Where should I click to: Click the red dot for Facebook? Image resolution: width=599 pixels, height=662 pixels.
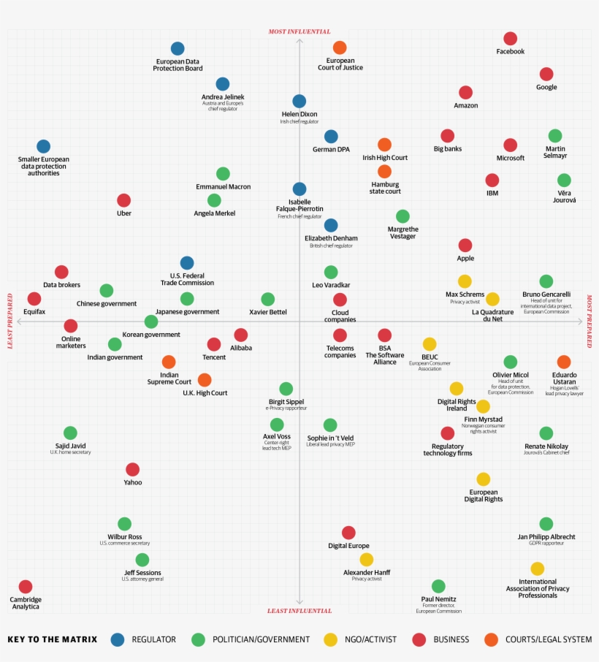click(x=510, y=39)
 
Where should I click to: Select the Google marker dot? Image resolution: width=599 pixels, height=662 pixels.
click(x=546, y=74)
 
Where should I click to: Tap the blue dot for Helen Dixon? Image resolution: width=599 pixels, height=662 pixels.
click(x=299, y=101)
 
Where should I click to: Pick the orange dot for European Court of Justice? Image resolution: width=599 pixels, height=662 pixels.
click(x=340, y=47)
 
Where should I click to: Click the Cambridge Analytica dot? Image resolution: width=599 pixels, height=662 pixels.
click(x=26, y=586)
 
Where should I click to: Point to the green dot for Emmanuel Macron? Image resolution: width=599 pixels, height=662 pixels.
click(x=223, y=173)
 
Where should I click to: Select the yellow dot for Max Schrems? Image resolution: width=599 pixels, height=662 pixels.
click(x=465, y=281)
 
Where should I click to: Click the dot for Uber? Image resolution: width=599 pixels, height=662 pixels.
click(x=124, y=200)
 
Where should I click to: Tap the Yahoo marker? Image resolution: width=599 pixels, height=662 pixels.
click(x=132, y=469)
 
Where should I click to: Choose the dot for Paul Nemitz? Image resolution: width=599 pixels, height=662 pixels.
click(x=438, y=586)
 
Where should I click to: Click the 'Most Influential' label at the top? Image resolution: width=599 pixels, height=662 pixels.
click(x=299, y=31)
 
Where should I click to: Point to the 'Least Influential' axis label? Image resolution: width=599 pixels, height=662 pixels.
click(x=299, y=611)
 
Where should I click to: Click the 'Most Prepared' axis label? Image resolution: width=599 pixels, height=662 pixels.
click(x=589, y=322)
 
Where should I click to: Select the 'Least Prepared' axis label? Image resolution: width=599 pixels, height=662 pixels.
click(x=11, y=322)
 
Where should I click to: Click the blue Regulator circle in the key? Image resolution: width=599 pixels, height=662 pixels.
click(x=118, y=639)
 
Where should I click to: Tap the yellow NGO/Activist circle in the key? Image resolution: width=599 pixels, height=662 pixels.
click(x=331, y=639)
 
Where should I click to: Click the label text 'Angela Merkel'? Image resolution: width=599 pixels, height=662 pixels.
click(x=214, y=213)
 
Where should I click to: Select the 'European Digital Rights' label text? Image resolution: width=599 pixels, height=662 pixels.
click(x=483, y=495)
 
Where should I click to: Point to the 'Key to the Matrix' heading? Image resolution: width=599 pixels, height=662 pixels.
click(x=52, y=639)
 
